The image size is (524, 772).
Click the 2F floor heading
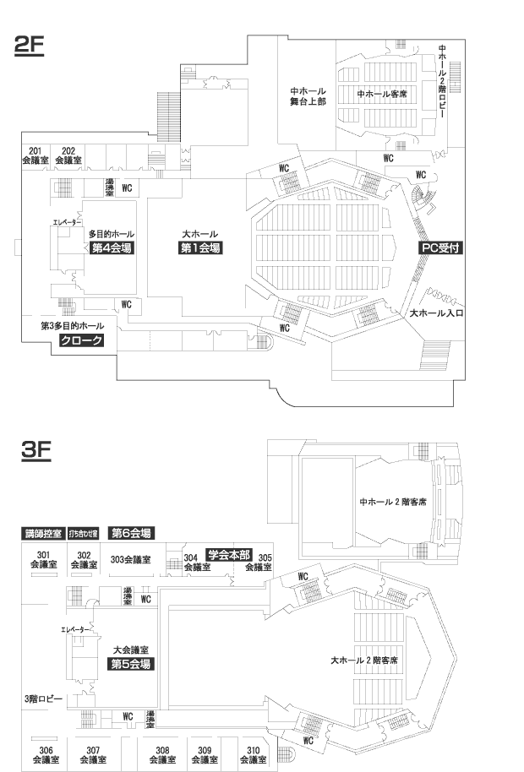[x=30, y=46]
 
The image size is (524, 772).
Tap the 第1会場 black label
[x=200, y=248]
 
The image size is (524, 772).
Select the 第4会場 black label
[x=112, y=248]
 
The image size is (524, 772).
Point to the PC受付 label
[x=439, y=248]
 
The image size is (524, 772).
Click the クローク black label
[x=81, y=340]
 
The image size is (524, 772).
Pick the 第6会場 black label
[x=131, y=533]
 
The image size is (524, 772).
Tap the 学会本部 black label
[x=229, y=555]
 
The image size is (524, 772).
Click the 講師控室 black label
[x=42, y=534]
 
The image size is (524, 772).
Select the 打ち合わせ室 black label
[x=84, y=534]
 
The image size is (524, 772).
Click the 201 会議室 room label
[x=35, y=155]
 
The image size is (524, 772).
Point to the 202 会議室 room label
[x=68, y=155]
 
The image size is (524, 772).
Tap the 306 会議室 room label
[x=46, y=754]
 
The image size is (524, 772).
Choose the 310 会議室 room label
[x=253, y=754]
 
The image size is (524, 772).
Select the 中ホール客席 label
[x=382, y=94]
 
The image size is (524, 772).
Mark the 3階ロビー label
[x=43, y=699]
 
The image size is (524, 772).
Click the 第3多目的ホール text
[x=73, y=325]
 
